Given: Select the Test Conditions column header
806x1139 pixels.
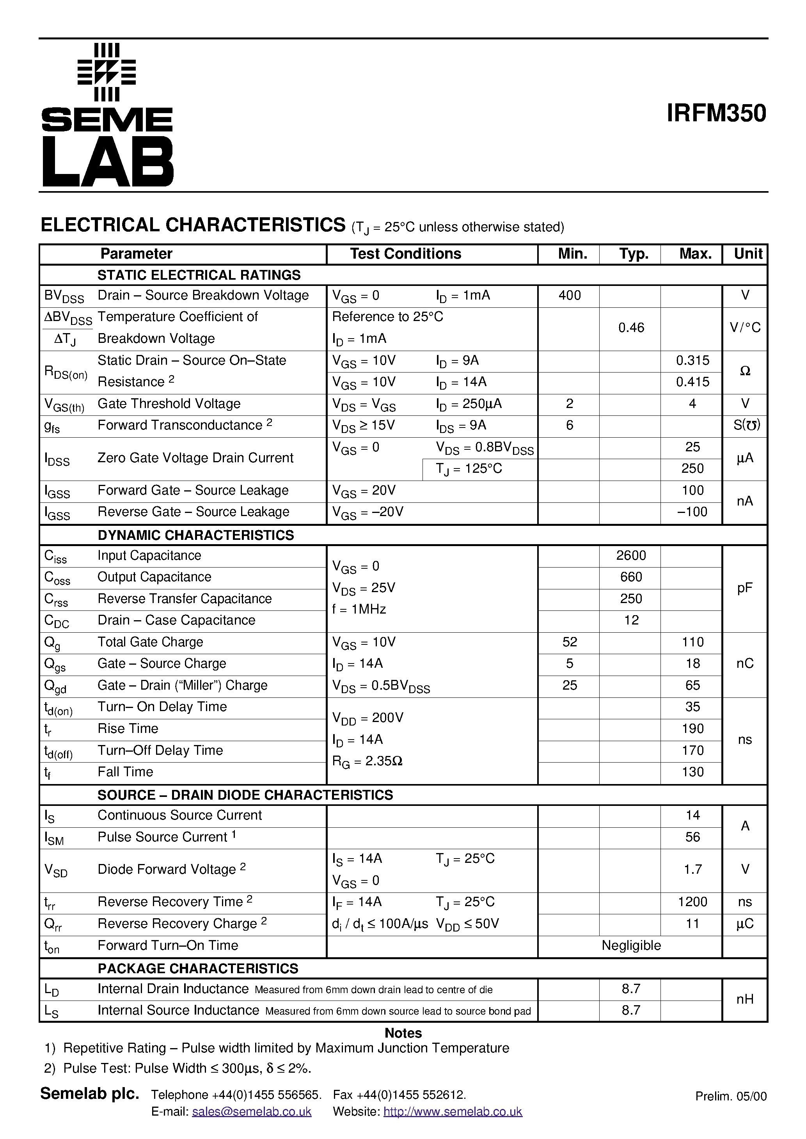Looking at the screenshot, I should (405, 254).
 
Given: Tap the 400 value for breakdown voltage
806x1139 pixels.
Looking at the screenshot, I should (569, 296).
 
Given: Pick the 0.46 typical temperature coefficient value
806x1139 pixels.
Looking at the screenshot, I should (631, 328).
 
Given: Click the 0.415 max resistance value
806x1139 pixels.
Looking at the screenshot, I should (692, 382).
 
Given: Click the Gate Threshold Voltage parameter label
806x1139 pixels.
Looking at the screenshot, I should (169, 404).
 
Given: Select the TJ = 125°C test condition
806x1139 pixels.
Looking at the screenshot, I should (469, 469).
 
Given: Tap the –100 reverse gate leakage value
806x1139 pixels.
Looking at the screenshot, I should (692, 512).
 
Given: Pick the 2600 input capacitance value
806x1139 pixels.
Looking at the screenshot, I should (631, 555).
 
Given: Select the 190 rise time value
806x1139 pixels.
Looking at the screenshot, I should (692, 729).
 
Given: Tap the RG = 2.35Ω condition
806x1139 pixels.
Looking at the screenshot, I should (367, 761).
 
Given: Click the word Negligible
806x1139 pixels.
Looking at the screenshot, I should (631, 946).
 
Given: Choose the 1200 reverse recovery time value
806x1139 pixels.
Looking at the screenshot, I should (692, 902).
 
